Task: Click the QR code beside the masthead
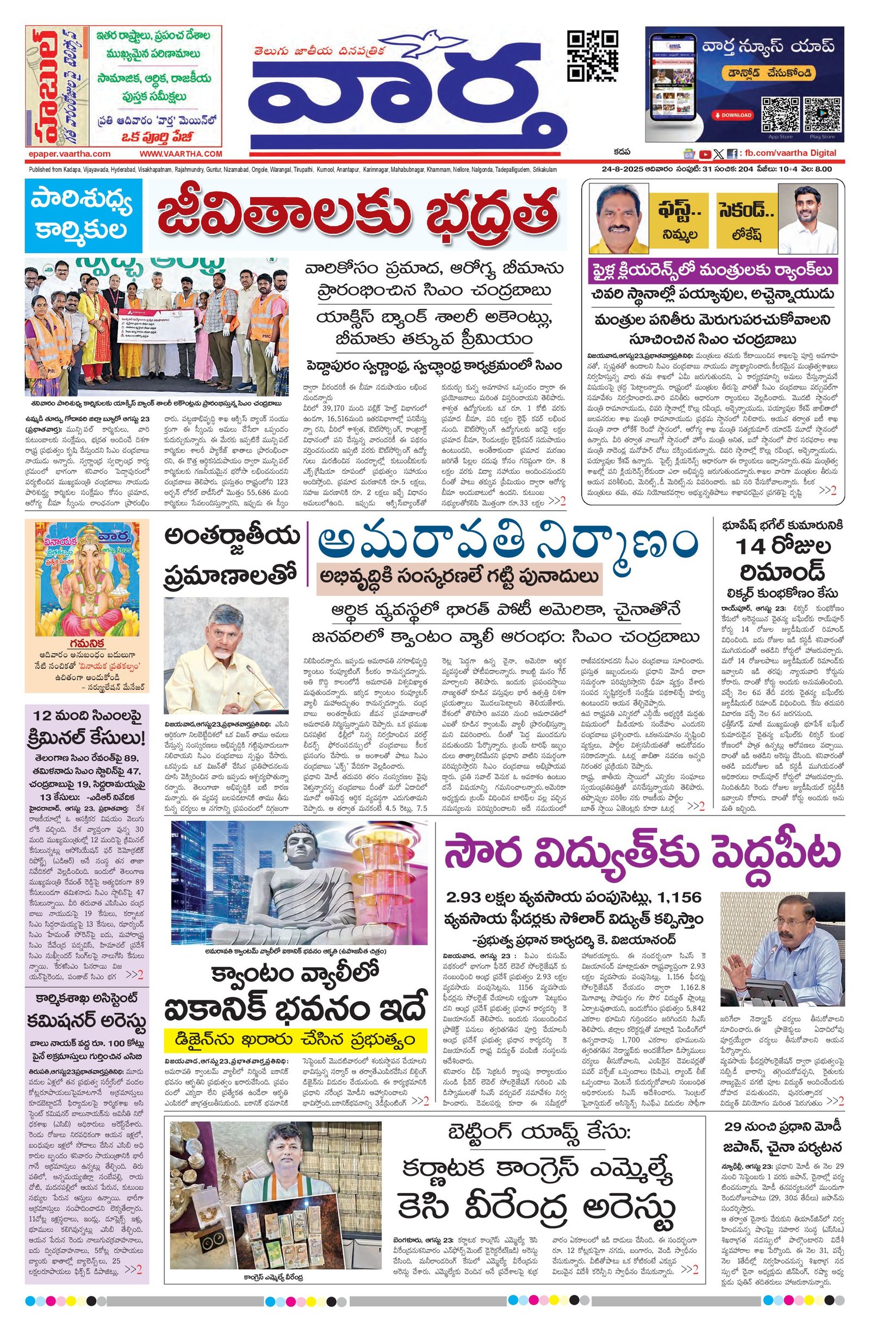(592, 57)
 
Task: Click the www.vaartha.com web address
(181, 153)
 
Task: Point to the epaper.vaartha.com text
(69, 153)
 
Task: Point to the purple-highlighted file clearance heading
(712, 271)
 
